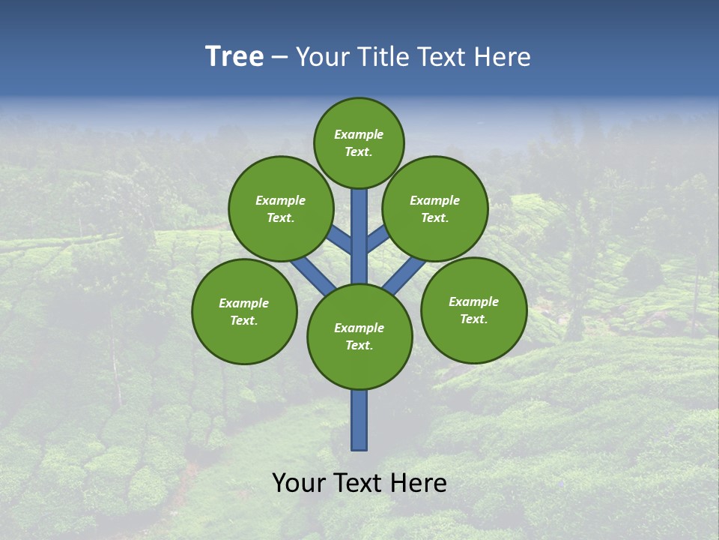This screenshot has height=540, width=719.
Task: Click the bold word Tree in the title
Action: click(234, 57)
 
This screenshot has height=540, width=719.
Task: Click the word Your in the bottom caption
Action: click(298, 483)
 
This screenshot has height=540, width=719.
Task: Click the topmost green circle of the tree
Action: click(359, 142)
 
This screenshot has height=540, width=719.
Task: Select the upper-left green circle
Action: click(281, 208)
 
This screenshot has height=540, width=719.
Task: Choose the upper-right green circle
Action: click(435, 208)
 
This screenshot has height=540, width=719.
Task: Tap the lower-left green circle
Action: click(244, 311)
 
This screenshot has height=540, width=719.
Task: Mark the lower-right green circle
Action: click(473, 310)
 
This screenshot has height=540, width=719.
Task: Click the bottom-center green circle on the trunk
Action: click(359, 337)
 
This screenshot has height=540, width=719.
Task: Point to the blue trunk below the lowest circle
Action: click(359, 420)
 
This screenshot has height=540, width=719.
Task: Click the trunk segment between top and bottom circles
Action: click(359, 236)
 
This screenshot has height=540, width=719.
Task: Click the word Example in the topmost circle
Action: click(359, 135)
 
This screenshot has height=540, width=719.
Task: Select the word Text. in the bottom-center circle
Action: click(359, 346)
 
